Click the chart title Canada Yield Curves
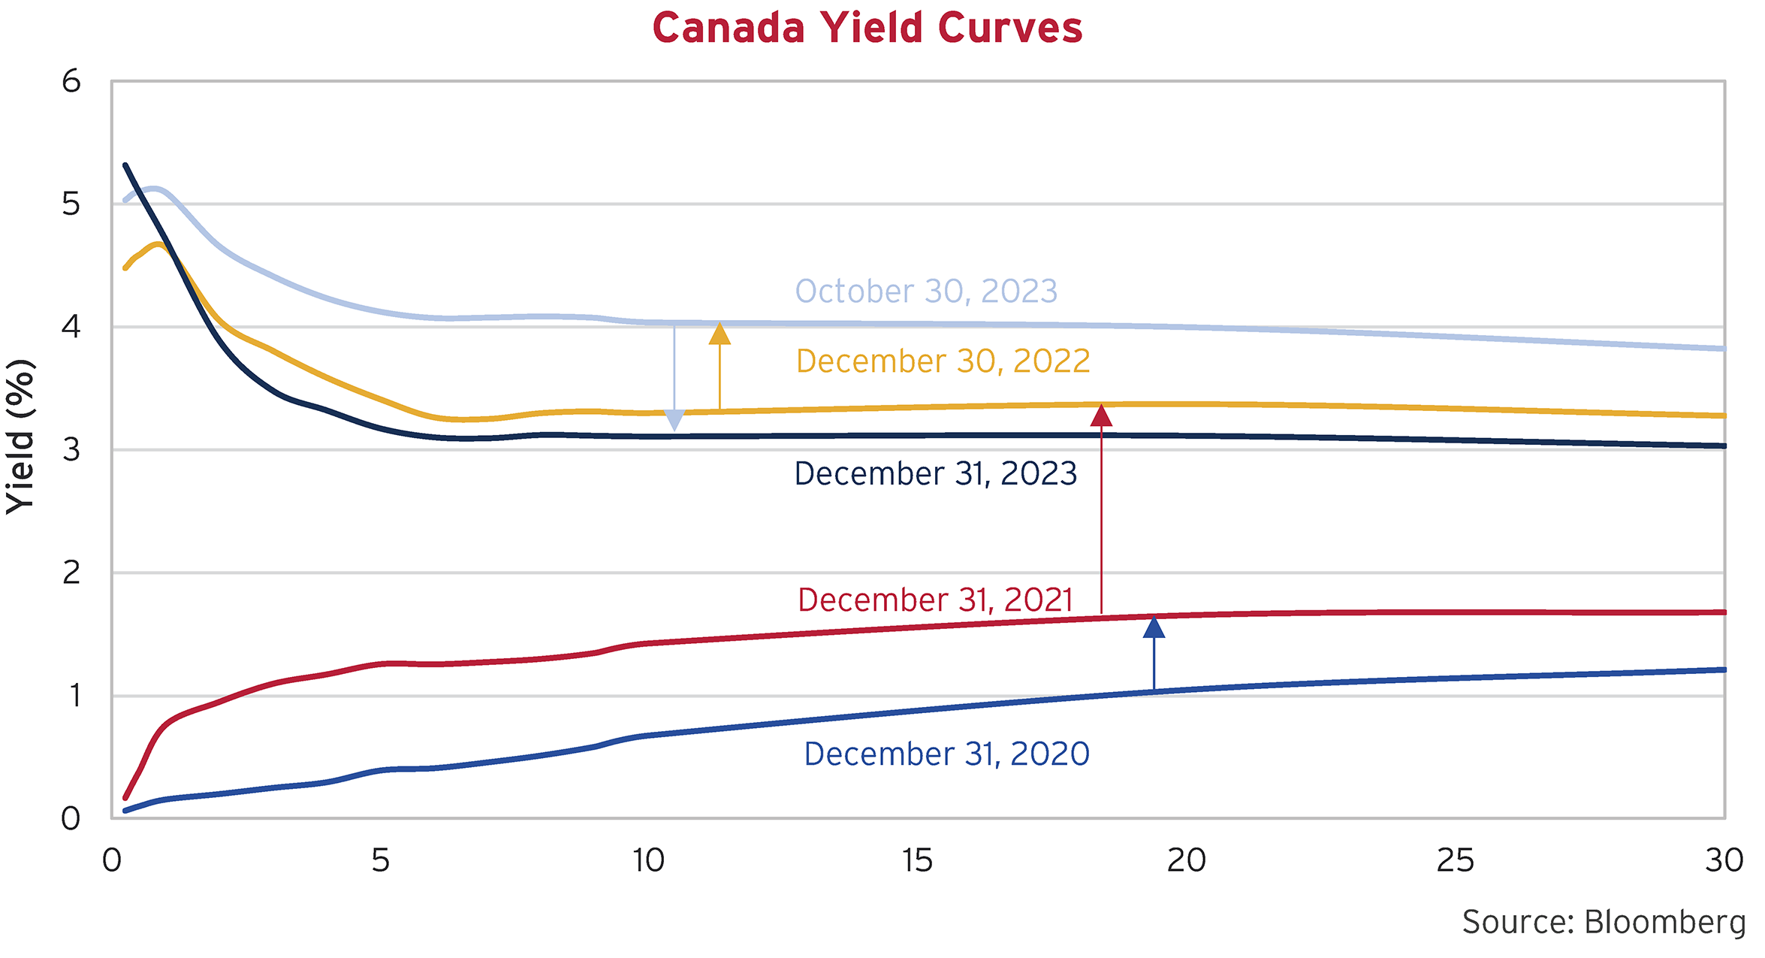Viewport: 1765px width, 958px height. coord(867,29)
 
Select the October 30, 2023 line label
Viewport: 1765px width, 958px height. coord(926,292)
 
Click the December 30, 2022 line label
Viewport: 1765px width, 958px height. coord(943,361)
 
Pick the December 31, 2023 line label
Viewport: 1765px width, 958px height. coord(936,474)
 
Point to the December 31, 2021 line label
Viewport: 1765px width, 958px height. coord(935,600)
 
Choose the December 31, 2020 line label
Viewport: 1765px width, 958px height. coord(946,754)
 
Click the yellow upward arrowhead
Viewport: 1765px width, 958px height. coord(720,334)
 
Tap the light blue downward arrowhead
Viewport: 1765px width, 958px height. coord(674,421)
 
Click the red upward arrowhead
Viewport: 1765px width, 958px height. coord(1101,416)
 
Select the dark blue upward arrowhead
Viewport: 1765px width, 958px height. coord(1154,627)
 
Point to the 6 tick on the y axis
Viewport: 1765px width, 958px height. coord(71,81)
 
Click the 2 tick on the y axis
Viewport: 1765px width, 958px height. coord(71,573)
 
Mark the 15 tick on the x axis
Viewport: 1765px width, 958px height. coord(917,861)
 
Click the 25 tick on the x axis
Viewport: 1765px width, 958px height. coord(1455,861)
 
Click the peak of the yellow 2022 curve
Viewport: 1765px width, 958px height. coord(158,244)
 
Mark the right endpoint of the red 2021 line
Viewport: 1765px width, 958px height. coord(1724,612)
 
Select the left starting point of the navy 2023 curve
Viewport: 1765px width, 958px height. coord(125,165)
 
